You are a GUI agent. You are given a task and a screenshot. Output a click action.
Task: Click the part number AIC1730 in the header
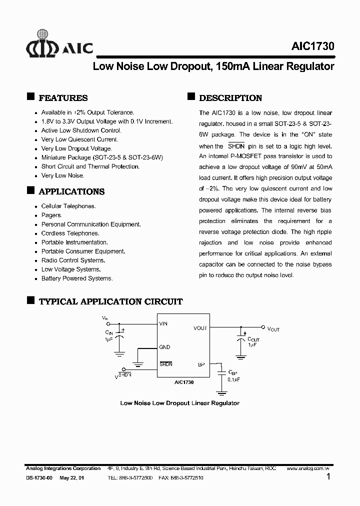pos(312,46)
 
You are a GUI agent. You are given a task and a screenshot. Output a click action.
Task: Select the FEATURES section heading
pos(63,98)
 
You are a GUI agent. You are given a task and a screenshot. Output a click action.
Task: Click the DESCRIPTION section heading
pos(230,98)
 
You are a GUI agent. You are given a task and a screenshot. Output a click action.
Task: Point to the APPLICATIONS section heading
pos(71,191)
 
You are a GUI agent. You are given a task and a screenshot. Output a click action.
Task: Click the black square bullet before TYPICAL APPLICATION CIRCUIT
pos(30,300)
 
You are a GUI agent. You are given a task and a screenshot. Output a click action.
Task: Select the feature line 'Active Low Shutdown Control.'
pos(81,130)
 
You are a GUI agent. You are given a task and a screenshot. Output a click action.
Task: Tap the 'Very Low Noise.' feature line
pos(62,175)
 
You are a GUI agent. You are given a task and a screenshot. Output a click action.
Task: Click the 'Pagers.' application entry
pos(51,215)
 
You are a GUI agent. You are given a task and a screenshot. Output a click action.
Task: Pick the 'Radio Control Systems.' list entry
pos(73,260)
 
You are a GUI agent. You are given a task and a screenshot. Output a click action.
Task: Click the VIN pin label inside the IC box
pos(163,323)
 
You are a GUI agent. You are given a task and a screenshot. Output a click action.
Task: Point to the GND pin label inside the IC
pos(164,347)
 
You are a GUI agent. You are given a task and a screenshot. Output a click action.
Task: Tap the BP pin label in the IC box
pos(201,364)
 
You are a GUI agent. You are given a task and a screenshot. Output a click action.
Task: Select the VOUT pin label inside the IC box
pos(200,328)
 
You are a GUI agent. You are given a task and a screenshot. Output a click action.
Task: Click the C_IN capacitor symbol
pos(119,337)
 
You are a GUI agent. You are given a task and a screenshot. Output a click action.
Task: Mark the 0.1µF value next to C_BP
pos(234,379)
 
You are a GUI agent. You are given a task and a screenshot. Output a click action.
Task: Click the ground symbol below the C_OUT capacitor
pos(241,357)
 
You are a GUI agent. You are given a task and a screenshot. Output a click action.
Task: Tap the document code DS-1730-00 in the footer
pos(39,478)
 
